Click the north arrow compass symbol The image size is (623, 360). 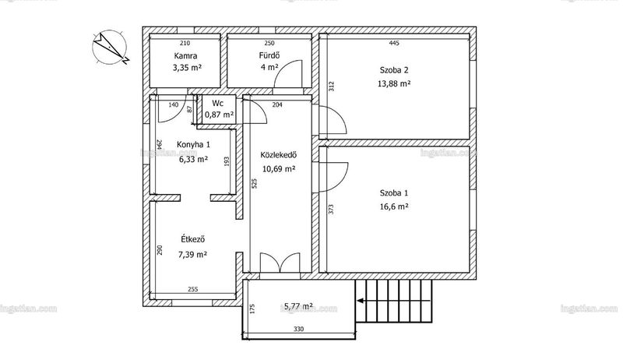[x=110, y=48]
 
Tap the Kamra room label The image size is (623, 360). [x=185, y=56]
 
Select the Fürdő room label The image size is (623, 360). [x=269, y=55]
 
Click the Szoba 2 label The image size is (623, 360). [x=394, y=70]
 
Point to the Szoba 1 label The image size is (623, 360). [x=394, y=193]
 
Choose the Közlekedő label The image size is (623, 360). [x=279, y=154]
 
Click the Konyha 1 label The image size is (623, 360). [x=193, y=144]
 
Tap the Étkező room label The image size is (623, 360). [x=192, y=239]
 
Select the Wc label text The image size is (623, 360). [x=218, y=104]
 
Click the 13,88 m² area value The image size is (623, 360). [x=394, y=84]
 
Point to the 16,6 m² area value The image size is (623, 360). [x=394, y=206]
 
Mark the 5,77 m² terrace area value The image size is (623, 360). [x=298, y=306]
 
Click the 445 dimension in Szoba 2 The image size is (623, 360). [x=394, y=44]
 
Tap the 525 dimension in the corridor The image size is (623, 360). [x=255, y=183]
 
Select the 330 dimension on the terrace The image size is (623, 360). [x=298, y=329]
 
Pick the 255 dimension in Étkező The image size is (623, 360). [x=192, y=290]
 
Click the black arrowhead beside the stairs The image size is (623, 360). [x=360, y=301]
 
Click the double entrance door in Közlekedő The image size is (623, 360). [x=280, y=263]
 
